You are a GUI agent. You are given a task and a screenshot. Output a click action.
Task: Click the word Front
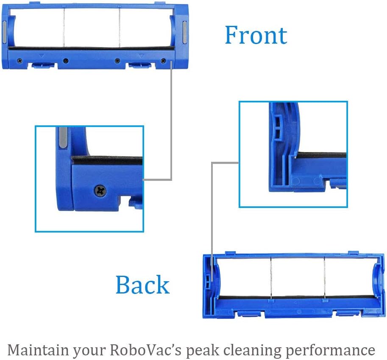pos(256,35)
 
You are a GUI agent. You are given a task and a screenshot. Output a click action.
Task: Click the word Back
pos(142,285)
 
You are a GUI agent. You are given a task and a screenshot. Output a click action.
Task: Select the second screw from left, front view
pos(65,61)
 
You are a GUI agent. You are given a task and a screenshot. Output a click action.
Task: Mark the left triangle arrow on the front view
pos(42,55)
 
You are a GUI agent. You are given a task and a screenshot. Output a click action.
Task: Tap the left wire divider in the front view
pos(63,26)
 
